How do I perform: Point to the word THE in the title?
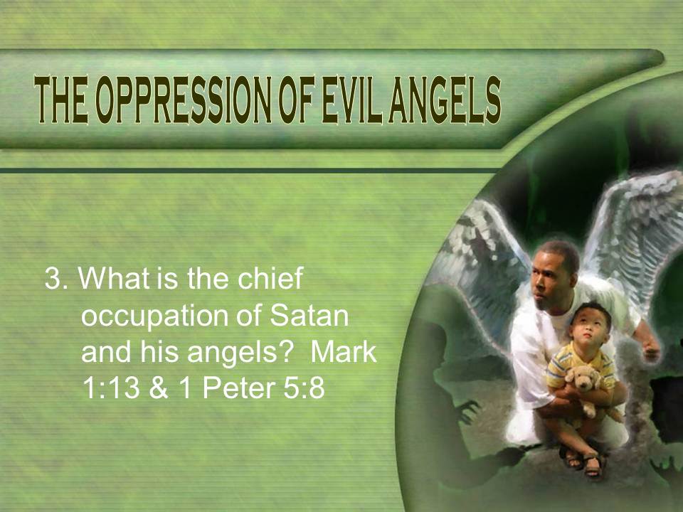tap(61, 100)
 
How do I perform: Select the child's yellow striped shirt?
tap(579, 365)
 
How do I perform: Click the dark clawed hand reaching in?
tap(468, 412)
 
